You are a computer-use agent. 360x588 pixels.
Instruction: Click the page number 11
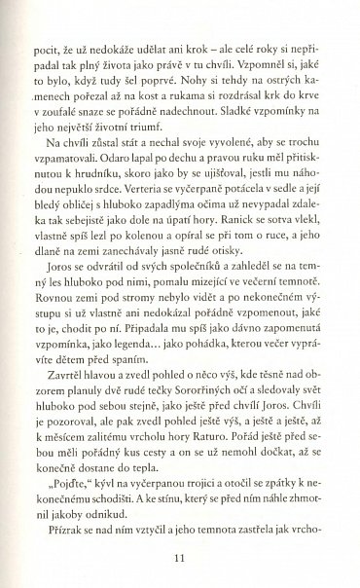pyautogui.click(x=179, y=558)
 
